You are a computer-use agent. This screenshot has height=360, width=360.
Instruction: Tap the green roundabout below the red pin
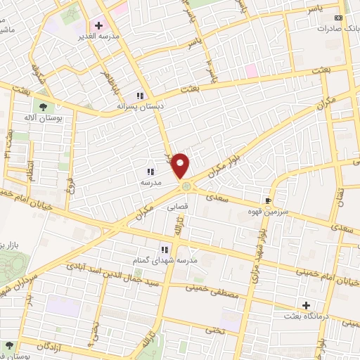point(186,186)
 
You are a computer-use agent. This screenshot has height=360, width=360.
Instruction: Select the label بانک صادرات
point(333,30)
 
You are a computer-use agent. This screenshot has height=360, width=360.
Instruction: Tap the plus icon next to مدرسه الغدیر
point(99,25)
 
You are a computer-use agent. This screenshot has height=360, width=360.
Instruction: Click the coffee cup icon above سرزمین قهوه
point(267,200)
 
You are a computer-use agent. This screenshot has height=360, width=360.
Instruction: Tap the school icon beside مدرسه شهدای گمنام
point(165,249)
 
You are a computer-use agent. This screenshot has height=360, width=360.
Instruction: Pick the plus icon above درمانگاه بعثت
point(306,305)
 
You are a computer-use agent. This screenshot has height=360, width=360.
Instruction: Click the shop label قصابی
point(177,208)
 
